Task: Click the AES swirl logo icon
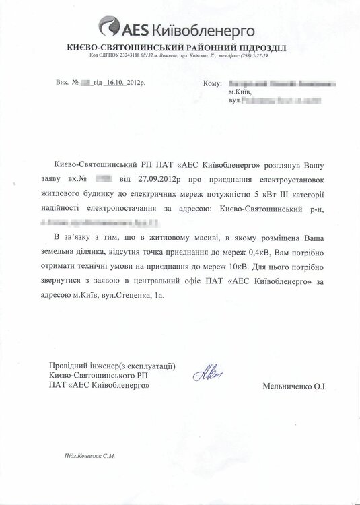(x=109, y=28)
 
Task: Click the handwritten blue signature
(x=203, y=371)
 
